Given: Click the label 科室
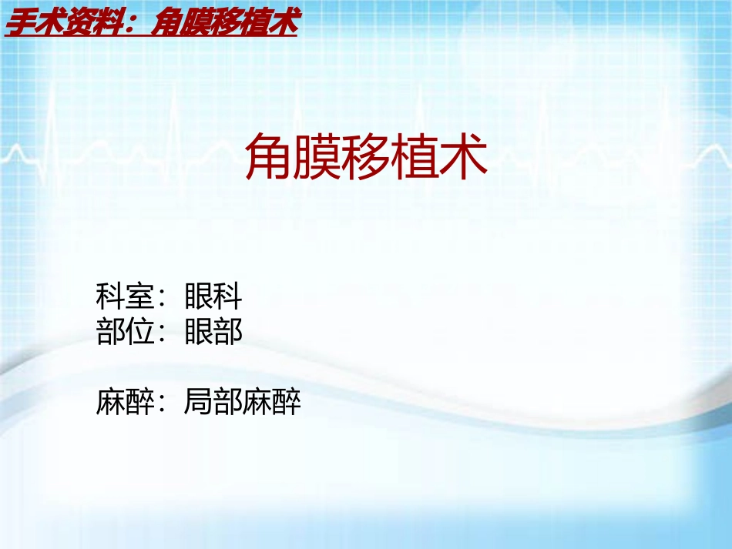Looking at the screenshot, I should click(125, 296).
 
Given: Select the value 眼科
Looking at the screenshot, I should click(213, 296).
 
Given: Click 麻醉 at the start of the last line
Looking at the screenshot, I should click(125, 402).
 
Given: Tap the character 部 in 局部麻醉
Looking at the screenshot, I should click(228, 402).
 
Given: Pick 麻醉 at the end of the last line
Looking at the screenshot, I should click(272, 402).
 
